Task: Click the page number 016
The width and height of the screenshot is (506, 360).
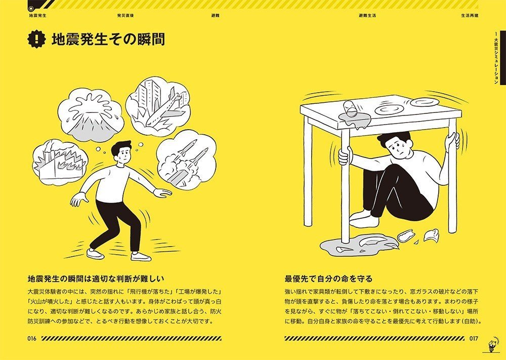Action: click(x=32, y=339)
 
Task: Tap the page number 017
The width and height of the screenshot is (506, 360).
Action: click(x=474, y=339)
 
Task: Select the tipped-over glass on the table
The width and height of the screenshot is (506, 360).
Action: click(x=350, y=108)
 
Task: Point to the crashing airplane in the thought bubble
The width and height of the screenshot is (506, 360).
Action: click(x=164, y=109)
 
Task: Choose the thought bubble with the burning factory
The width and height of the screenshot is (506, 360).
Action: click(x=60, y=161)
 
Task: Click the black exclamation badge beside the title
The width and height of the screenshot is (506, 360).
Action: click(x=37, y=39)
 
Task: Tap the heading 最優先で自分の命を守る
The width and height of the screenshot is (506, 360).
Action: click(x=328, y=278)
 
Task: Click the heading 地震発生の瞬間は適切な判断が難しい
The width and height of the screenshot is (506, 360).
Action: click(x=96, y=278)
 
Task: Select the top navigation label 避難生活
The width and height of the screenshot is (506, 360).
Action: click(x=367, y=16)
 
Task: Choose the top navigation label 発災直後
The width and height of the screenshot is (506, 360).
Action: click(x=126, y=16)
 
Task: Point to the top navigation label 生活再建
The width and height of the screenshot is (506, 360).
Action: click(x=470, y=16)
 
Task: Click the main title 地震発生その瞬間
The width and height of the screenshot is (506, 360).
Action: click(x=108, y=39)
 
